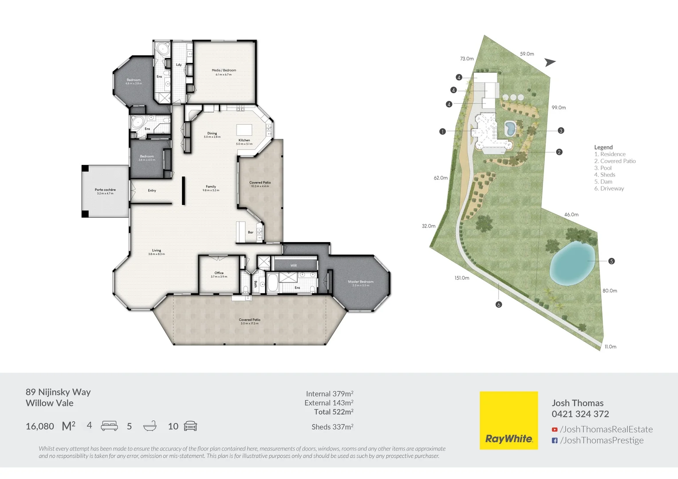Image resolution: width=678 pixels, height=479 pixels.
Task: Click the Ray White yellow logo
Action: point(508,420)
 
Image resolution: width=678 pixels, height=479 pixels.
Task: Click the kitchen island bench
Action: point(244,130)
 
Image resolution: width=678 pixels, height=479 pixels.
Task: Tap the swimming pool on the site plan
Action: point(510,129)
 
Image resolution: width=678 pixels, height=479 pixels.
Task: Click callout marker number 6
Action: point(499,305)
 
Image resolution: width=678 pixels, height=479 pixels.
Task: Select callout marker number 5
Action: point(611,261)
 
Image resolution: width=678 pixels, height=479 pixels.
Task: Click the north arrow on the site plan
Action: point(550,63)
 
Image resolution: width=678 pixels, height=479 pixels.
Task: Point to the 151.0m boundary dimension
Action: point(461,278)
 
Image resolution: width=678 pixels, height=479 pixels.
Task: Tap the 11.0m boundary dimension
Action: point(610,347)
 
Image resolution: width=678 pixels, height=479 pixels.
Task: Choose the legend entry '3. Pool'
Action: point(603,168)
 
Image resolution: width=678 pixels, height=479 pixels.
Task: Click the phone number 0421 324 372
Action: point(580,414)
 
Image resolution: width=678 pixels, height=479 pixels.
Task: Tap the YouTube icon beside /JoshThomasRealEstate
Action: point(555,429)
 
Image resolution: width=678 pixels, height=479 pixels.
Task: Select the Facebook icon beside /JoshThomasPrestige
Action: point(555,440)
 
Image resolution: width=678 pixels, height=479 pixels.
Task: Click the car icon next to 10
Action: point(190,426)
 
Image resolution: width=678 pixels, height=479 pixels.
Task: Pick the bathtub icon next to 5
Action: point(150,426)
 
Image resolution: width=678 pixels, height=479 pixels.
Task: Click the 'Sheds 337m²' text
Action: point(332,427)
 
